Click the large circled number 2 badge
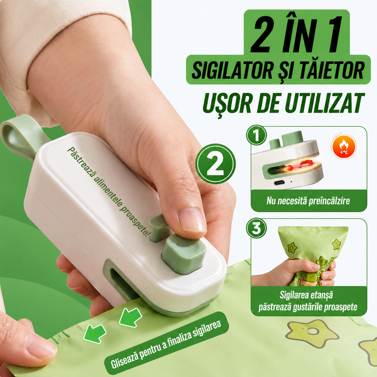click(216, 164)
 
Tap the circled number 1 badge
click(256, 135)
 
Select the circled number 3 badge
click(256, 228)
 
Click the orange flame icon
click(344, 146)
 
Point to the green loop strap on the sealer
click(21, 134)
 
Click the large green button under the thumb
click(184, 254)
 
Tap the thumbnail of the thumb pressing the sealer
click(192, 221)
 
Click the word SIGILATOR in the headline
click(232, 70)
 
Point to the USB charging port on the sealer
click(281, 182)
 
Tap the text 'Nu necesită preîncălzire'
click(308, 200)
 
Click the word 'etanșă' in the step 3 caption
click(322, 295)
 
